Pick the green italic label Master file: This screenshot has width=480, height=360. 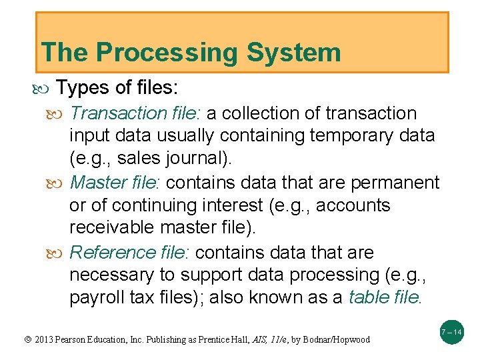click(x=117, y=183)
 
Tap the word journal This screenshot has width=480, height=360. click(x=196, y=159)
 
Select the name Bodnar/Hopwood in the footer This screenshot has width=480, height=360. click(x=337, y=340)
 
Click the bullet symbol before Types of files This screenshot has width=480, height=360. click(x=46, y=88)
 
